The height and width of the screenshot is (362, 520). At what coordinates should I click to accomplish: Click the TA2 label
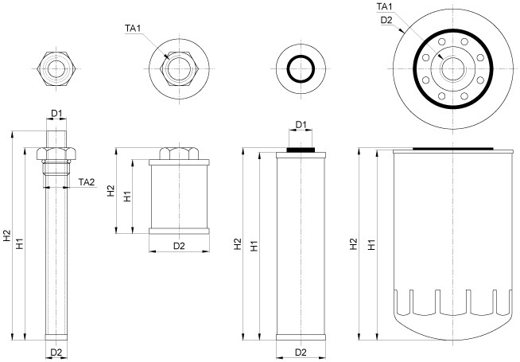87,182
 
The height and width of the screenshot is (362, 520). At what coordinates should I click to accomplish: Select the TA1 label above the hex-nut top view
133,29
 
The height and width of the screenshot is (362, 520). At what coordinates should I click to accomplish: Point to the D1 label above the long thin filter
57,115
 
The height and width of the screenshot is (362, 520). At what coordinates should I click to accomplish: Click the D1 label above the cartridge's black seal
301,125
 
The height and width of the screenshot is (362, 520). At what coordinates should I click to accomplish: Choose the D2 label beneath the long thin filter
56,352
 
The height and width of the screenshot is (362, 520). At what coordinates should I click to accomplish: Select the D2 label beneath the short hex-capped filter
179,246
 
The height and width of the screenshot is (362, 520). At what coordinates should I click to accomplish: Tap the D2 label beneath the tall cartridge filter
301,352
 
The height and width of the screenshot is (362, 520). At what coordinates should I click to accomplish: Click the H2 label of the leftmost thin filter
7,235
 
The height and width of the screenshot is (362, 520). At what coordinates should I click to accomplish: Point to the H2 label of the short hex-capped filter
111,191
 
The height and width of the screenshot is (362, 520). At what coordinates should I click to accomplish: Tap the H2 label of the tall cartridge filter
238,243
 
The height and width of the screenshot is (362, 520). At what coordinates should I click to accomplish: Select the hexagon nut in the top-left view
56,68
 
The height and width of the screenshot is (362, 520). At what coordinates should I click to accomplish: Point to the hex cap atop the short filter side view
179,153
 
